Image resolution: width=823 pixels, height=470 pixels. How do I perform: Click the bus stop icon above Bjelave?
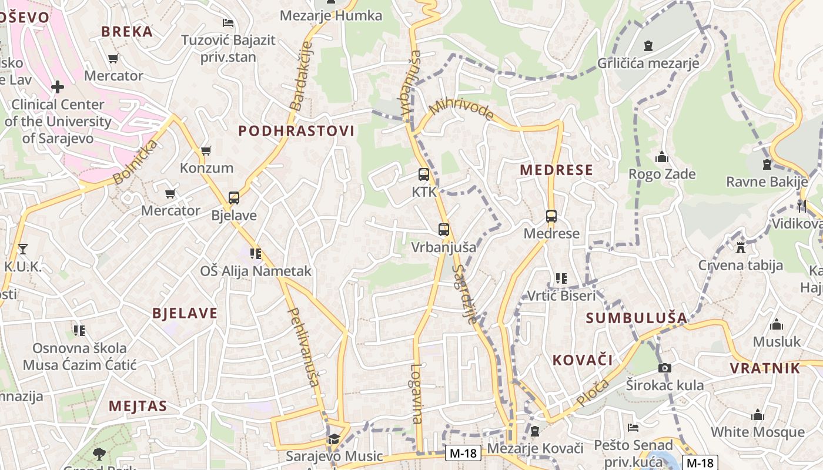(x=234, y=198)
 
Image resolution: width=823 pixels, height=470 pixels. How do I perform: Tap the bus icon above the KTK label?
(x=423, y=174)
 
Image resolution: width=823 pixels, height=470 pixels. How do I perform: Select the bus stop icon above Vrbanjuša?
(x=444, y=230)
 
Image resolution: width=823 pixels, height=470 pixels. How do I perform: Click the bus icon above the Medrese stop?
(x=551, y=216)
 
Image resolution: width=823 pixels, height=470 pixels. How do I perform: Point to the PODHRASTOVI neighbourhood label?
(x=296, y=131)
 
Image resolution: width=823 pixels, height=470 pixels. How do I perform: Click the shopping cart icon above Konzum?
(x=206, y=151)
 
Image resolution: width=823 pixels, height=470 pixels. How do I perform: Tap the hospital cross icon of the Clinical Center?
(x=58, y=87)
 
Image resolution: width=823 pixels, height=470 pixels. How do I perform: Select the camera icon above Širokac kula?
(x=664, y=368)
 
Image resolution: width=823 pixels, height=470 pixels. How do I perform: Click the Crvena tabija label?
(x=740, y=265)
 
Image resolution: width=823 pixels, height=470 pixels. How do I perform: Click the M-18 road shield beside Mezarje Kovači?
(x=463, y=453)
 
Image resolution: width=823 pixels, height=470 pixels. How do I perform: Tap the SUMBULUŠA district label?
(x=636, y=318)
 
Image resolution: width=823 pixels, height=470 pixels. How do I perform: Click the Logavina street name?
(x=417, y=394)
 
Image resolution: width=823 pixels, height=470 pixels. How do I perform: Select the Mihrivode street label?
(x=461, y=109)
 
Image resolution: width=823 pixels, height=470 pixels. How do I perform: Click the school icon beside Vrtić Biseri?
(x=561, y=278)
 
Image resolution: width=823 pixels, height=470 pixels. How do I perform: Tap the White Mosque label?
(x=757, y=432)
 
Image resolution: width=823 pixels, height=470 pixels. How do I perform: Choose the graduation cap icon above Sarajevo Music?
(x=334, y=439)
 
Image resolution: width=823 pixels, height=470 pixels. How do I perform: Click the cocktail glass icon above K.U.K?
(x=22, y=249)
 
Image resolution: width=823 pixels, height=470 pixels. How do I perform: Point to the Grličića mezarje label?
(x=648, y=63)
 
